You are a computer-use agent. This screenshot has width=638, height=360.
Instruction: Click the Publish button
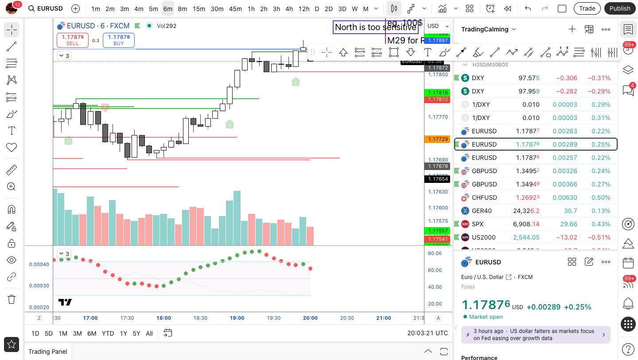click(619, 8)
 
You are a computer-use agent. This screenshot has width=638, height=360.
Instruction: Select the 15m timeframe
click(199, 8)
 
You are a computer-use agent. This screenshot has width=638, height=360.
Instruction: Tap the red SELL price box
click(73, 40)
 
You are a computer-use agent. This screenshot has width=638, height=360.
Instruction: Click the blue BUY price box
click(119, 40)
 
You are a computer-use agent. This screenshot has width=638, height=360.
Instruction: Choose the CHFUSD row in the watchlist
click(484, 197)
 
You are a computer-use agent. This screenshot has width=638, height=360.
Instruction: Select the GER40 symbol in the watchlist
click(482, 211)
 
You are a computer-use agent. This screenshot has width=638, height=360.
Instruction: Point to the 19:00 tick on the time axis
click(237, 318)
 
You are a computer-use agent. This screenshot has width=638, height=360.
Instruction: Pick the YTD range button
click(108, 333)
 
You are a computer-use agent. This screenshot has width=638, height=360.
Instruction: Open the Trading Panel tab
click(48, 352)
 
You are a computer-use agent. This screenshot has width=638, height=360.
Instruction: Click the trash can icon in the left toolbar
click(12, 299)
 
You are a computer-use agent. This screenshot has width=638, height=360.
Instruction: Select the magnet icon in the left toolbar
click(12, 209)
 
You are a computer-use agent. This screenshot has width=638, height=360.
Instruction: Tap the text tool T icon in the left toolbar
click(12, 131)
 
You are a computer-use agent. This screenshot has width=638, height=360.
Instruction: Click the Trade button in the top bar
click(587, 8)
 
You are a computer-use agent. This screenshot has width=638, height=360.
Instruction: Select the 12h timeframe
click(304, 8)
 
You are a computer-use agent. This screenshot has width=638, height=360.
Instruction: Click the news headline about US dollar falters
click(536, 335)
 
